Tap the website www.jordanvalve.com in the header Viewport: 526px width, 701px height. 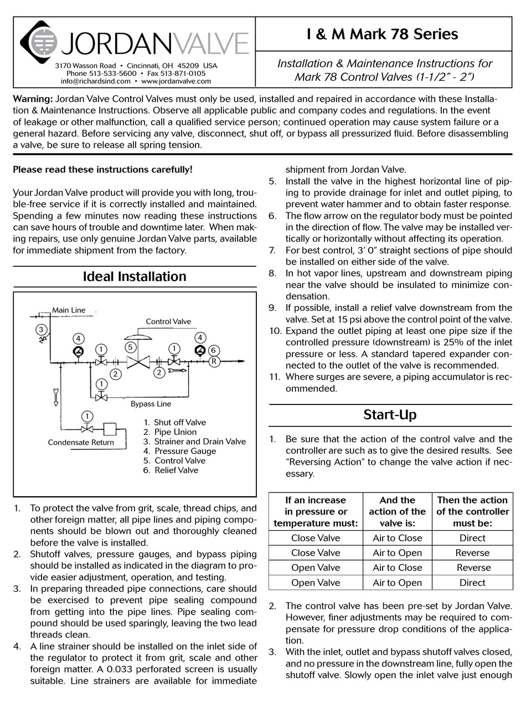pyautogui.click(x=176, y=81)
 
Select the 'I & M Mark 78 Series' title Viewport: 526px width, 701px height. pyautogui.click(x=382, y=34)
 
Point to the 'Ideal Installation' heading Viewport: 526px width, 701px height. pyautogui.click(x=135, y=277)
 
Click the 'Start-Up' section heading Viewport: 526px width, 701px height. pyautogui.click(x=390, y=414)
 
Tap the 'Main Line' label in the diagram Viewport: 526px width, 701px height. pyautogui.click(x=69, y=310)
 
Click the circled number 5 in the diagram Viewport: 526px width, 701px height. pyautogui.click(x=130, y=347)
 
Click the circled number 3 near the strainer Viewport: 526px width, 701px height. pyautogui.click(x=41, y=330)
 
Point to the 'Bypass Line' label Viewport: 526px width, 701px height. pyautogui.click(x=151, y=404)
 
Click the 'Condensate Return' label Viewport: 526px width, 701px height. pyautogui.click(x=81, y=442)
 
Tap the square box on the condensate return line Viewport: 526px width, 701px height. pyautogui.click(x=109, y=429)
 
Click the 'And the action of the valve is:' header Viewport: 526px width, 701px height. pyautogui.click(x=397, y=511)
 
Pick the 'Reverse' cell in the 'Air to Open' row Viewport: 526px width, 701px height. pyautogui.click(x=472, y=553)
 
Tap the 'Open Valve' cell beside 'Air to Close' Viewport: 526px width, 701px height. pyautogui.click(x=316, y=568)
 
